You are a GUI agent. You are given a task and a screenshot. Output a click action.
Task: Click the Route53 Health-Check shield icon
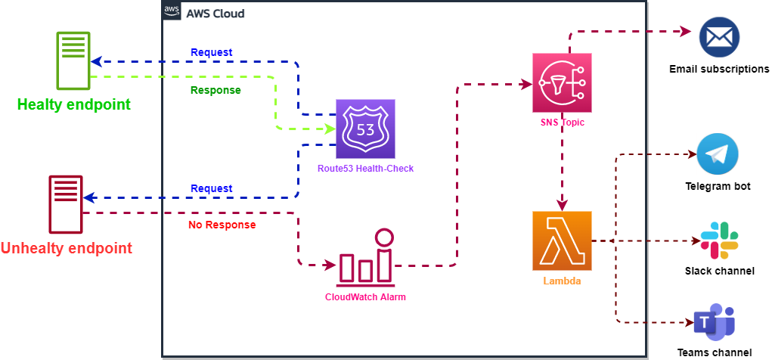point(365,129)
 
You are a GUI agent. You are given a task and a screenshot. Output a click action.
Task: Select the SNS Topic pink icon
point(561,82)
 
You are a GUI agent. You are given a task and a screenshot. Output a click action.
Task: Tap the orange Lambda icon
point(561,241)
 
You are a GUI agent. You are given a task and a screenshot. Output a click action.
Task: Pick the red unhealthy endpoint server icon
point(66,204)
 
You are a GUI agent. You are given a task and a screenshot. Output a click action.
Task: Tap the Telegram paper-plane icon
point(717,154)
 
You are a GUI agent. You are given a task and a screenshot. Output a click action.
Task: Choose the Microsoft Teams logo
point(715,323)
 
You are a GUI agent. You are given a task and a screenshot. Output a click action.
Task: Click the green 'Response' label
point(215,90)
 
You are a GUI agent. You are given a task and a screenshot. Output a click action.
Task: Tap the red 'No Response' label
point(222,225)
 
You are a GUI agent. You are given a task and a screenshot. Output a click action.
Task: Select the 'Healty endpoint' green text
point(73,104)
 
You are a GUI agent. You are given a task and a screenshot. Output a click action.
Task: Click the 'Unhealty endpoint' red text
point(67,248)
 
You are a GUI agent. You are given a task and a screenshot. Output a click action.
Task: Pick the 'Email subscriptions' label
point(719,69)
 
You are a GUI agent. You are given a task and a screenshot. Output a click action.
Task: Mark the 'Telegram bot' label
point(718,186)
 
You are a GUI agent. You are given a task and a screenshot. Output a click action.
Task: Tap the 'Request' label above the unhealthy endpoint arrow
point(212,188)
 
